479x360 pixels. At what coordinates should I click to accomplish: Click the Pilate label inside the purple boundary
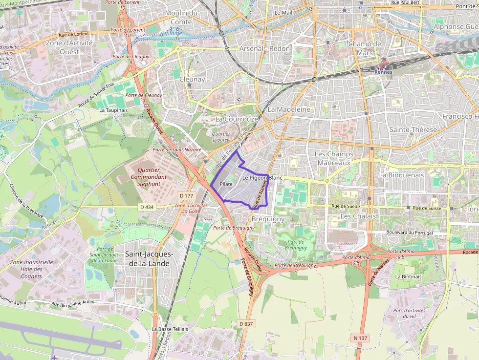[x=226, y=184]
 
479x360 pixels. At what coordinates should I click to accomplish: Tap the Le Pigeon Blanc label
[x=262, y=178]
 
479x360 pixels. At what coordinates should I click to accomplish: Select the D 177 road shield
[x=186, y=196]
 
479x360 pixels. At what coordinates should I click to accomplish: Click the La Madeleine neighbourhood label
[x=289, y=109]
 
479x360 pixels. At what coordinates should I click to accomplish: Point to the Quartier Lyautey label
[x=220, y=137]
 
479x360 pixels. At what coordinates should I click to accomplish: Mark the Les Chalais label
[x=358, y=216]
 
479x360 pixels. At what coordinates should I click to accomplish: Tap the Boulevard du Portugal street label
[x=402, y=233]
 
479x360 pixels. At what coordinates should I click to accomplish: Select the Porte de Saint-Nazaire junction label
[x=177, y=150]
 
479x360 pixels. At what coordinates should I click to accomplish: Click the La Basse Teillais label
[x=170, y=329]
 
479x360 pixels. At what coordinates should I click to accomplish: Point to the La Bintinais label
[x=408, y=276]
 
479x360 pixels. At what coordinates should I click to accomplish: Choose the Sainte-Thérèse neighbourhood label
[x=410, y=129]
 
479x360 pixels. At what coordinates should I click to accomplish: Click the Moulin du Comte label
[x=181, y=17]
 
